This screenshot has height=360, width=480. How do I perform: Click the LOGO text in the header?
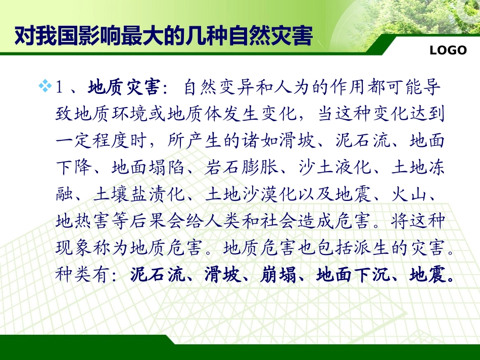(x=448, y=50)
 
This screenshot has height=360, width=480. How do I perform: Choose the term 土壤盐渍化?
(x=139, y=194)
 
